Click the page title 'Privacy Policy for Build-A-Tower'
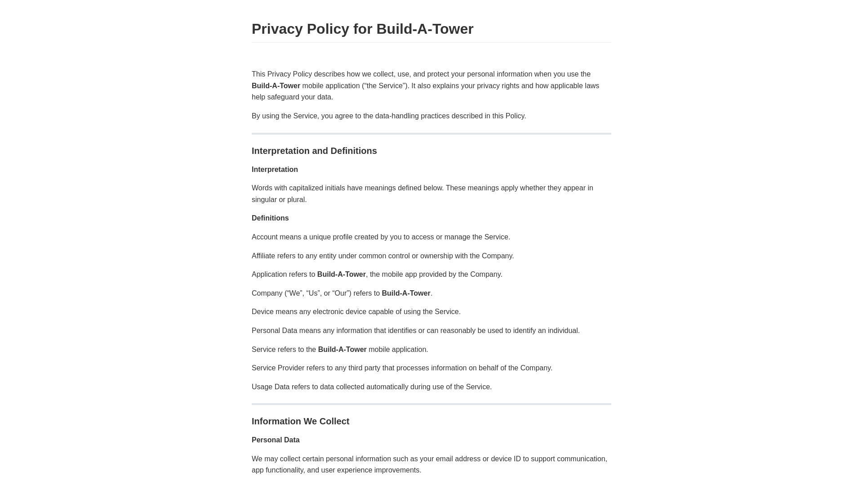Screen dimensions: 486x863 coord(362,29)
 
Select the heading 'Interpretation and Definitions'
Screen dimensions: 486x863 coord(314,151)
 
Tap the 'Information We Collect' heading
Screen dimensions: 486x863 coord(300,421)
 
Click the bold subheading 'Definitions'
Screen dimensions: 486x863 coord(270,218)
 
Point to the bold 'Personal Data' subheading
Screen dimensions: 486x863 coord(276,440)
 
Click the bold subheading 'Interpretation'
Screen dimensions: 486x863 coord(275,170)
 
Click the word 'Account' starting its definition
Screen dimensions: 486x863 coord(264,237)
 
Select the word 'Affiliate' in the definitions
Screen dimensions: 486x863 coord(263,256)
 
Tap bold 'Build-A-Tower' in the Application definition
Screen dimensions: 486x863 coord(341,274)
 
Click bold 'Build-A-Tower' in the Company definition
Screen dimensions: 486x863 coord(406,293)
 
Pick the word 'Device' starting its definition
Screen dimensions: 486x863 coord(262,312)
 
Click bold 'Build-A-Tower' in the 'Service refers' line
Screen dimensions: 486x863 coord(342,350)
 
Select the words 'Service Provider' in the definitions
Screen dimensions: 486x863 coord(278,368)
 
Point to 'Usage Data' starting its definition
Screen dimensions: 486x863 coord(271,387)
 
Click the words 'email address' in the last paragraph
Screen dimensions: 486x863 coord(458,459)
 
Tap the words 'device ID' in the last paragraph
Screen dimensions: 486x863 coord(506,459)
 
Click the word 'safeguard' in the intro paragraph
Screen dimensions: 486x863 coord(283,97)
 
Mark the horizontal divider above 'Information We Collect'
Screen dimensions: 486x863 coord(431,404)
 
